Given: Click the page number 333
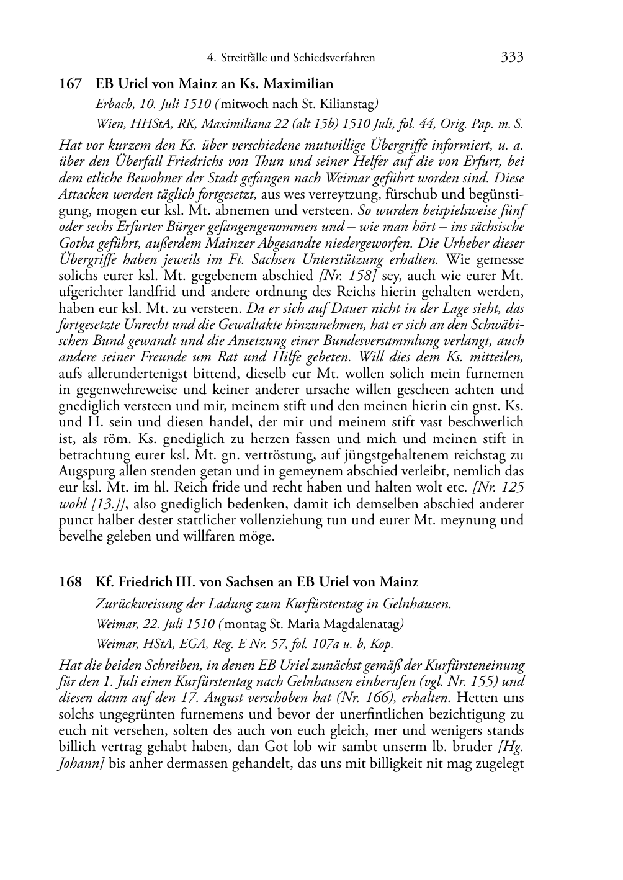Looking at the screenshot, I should (x=512, y=58).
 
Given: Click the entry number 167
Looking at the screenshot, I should (x=70, y=84).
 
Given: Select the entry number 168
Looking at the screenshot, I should (x=70, y=582).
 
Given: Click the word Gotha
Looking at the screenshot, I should (x=76, y=243).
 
